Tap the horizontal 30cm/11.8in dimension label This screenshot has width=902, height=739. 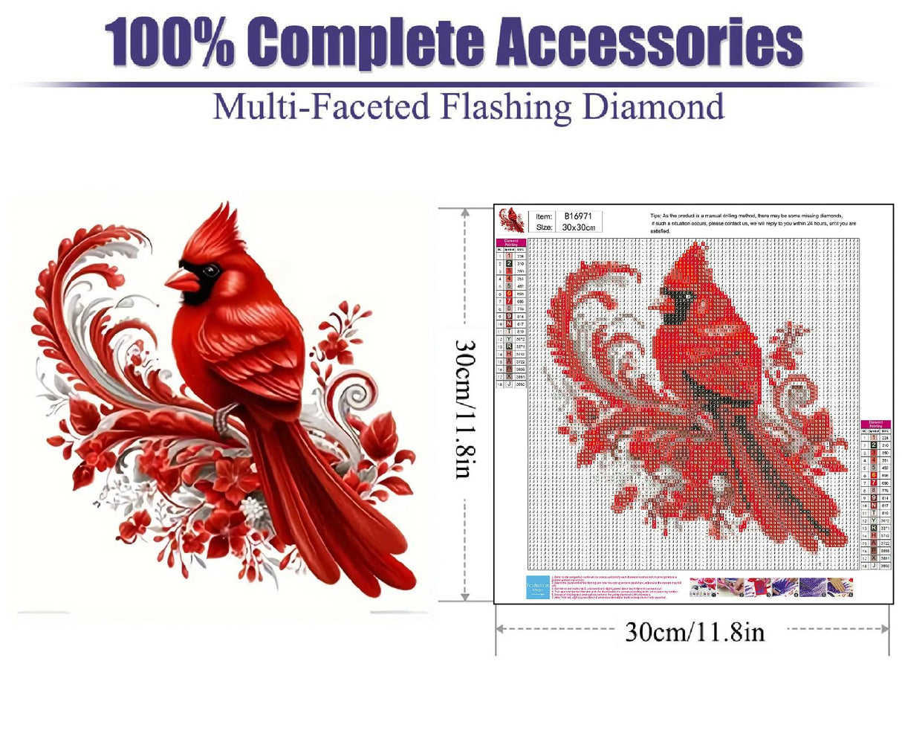(x=694, y=631)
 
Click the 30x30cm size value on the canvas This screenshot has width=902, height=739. (x=579, y=227)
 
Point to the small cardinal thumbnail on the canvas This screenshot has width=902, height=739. (x=511, y=220)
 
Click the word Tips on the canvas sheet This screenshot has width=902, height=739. (x=655, y=216)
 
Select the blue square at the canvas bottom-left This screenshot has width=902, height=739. (x=537, y=587)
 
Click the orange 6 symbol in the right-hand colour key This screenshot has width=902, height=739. (x=874, y=474)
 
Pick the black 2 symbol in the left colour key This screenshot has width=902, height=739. (x=508, y=263)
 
